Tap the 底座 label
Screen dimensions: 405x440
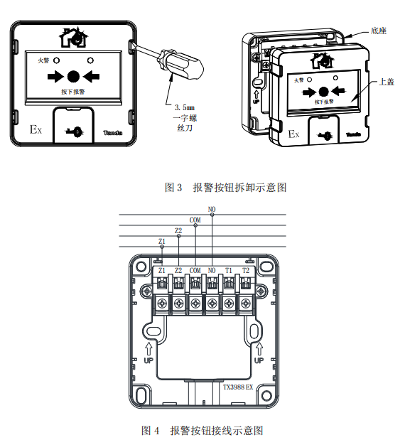[x=378, y=31]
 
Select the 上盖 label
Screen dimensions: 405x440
[x=387, y=82]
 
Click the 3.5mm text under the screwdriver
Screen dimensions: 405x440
[x=185, y=107]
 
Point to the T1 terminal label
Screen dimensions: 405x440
[x=229, y=271]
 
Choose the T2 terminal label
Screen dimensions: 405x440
[x=246, y=271]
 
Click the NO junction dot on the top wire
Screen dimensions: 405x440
[x=212, y=215]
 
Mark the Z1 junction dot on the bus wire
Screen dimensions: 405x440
[x=162, y=247]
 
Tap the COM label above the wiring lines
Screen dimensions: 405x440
[x=195, y=220]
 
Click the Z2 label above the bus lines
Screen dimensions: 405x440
[x=178, y=231]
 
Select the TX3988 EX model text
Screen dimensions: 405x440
[x=238, y=387]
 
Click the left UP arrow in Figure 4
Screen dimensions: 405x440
[x=148, y=349]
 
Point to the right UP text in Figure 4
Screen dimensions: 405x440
[x=259, y=360]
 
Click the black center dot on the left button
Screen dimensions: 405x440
[x=73, y=76]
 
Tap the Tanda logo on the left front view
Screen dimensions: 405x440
[x=113, y=133]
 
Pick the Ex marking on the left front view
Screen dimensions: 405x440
[x=36, y=129]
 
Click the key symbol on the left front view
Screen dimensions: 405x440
[x=73, y=132]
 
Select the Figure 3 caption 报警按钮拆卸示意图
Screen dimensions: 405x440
[x=240, y=188]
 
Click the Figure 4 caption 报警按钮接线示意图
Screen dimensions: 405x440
[x=217, y=431]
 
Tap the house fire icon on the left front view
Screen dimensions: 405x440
[x=73, y=38]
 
